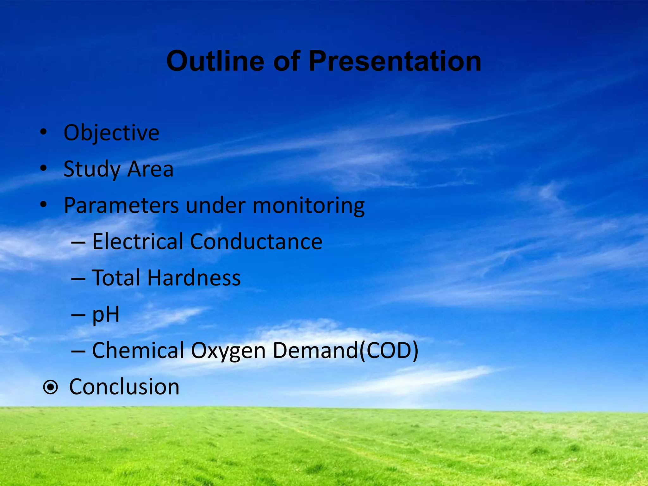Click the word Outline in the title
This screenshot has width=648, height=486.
pos(215,61)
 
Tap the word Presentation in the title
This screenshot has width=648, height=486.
pos(395,61)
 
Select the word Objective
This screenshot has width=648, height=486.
pos(111,133)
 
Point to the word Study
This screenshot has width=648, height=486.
pos(91,169)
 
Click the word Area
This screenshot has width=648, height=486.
pos(150,169)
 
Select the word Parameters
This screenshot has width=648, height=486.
pos(121,206)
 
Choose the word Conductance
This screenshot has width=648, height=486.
pos(256,242)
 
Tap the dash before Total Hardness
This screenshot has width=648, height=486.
pos(78,279)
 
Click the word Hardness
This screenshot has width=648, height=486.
pos(194,278)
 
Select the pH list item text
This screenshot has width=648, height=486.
pos(106,315)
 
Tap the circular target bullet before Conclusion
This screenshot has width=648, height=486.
pos(51,387)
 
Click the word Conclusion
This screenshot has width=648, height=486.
pos(124,387)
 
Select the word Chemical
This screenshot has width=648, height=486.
pos(138,351)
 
